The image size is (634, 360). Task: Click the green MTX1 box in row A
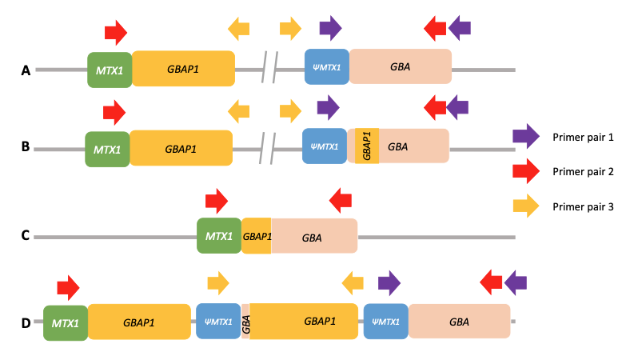coord(110,70)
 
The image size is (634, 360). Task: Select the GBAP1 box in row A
coord(183,69)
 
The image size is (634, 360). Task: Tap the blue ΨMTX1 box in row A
coord(326,66)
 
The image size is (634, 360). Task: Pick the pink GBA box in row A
coord(400,66)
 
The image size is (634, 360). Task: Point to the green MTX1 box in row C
coord(219,236)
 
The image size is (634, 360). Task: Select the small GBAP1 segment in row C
coord(257,236)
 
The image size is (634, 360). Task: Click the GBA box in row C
coord(313,237)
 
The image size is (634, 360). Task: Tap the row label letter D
coord(26,323)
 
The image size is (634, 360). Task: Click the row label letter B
coord(26,147)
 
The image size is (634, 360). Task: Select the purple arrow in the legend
coord(525,137)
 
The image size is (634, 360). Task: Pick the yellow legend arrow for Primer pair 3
coord(525,206)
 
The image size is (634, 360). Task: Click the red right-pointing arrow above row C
coord(216,202)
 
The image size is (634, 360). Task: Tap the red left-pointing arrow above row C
coord(341,201)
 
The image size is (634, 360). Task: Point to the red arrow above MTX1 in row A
coord(116,33)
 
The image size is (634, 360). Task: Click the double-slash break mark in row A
coord(270,67)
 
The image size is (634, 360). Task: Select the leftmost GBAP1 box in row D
coord(139,322)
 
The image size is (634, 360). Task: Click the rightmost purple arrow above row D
coord(516,281)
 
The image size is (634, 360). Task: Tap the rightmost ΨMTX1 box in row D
coord(385,322)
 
